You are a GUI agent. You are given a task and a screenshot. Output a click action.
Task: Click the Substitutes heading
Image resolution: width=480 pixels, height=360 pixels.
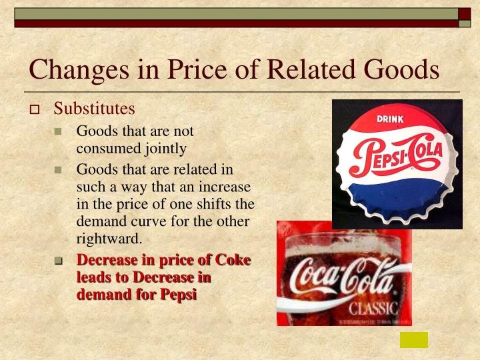pyautogui.click(x=94, y=108)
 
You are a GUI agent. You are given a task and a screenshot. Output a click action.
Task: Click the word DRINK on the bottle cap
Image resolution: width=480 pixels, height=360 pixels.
pyautogui.click(x=395, y=119)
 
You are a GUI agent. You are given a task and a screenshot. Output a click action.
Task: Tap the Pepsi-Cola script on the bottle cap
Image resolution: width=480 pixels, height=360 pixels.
pyautogui.click(x=396, y=157)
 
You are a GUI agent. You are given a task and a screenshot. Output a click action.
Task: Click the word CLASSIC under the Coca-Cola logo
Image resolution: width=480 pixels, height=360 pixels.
pyautogui.click(x=374, y=309)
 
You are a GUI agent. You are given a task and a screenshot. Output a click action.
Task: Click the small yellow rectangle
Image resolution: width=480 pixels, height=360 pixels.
pyautogui.click(x=413, y=339)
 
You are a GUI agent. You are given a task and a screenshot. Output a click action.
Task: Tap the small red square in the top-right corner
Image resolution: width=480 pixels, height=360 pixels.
pyautogui.click(x=465, y=14)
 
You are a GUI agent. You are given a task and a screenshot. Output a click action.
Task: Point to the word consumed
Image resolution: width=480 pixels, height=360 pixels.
pyautogui.click(x=105, y=149)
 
